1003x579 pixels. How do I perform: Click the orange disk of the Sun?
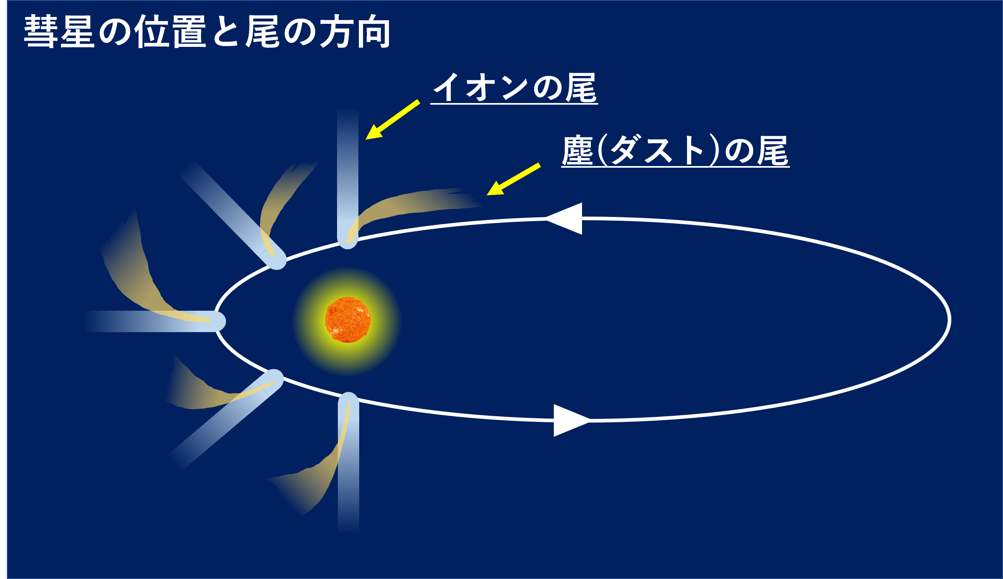(348, 320)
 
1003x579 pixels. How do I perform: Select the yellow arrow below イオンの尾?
(393, 120)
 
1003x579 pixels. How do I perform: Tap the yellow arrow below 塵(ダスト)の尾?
(513, 179)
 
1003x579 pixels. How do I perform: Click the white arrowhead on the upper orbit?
(564, 219)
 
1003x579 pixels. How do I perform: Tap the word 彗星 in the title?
(59, 32)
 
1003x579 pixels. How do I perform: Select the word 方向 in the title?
(355, 32)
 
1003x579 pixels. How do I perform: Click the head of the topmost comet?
(348, 238)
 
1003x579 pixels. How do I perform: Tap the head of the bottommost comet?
(348, 402)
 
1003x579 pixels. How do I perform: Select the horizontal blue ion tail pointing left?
(153, 322)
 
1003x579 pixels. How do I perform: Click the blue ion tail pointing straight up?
(348, 178)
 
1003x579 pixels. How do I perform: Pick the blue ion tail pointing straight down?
(348, 463)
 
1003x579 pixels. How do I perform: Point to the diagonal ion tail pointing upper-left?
(232, 214)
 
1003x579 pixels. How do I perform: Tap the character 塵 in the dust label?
(578, 150)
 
